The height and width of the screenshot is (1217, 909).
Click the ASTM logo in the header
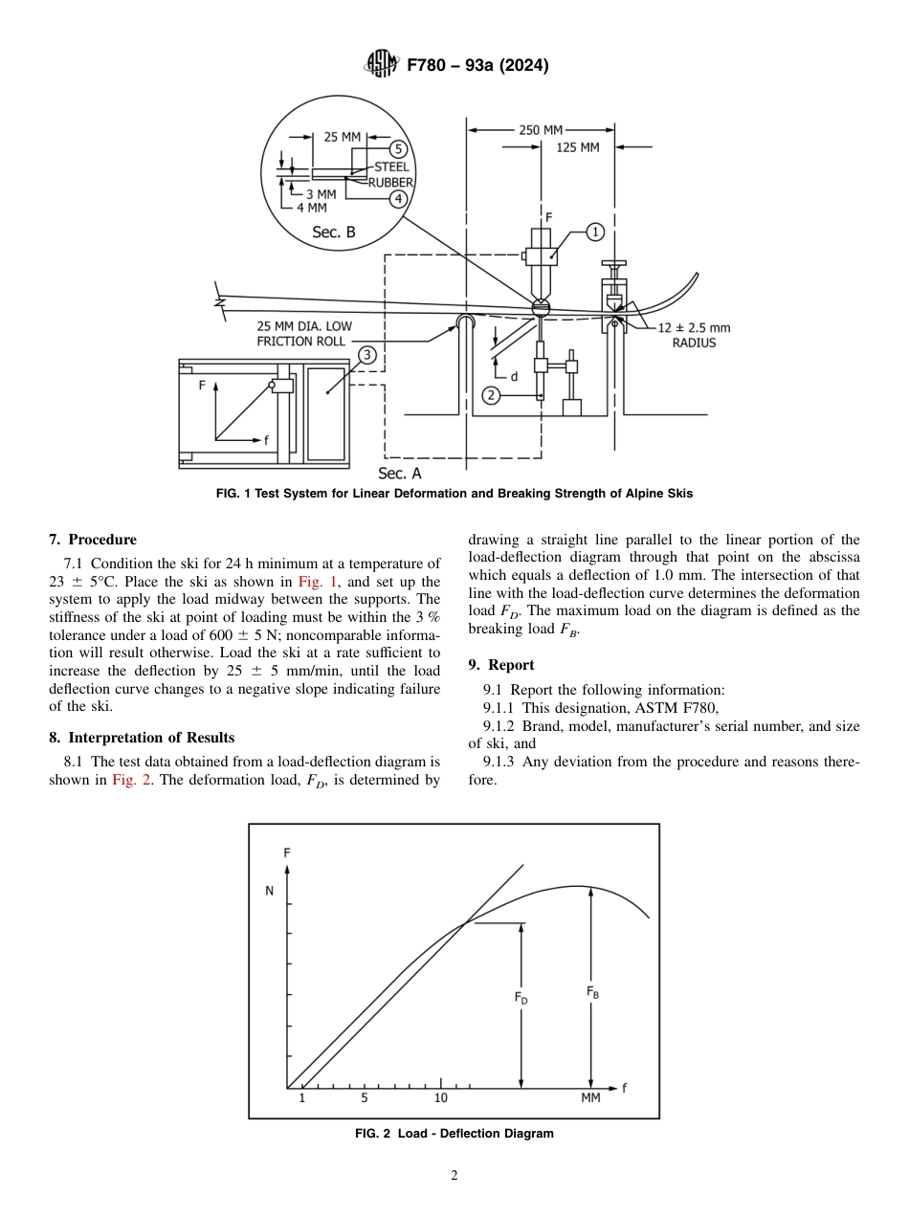(383, 65)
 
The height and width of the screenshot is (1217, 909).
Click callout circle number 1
(594, 232)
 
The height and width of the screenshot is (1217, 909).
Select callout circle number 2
(491, 394)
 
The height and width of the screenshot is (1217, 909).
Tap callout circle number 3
(366, 355)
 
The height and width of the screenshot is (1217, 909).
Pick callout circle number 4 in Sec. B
(399, 198)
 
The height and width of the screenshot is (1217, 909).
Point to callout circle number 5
(399, 148)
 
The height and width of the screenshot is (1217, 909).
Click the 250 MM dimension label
(541, 130)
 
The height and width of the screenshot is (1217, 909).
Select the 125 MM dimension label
(578, 147)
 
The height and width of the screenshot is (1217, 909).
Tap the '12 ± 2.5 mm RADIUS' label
(694, 335)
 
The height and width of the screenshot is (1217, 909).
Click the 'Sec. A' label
(399, 473)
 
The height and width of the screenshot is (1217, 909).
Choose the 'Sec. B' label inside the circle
(334, 232)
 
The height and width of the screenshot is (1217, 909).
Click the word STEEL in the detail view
(390, 167)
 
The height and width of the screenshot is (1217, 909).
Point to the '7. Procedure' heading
(93, 540)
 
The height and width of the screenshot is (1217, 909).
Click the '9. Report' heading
(501, 665)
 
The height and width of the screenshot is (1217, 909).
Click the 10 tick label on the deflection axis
(441, 1097)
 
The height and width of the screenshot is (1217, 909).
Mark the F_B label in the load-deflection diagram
(593, 993)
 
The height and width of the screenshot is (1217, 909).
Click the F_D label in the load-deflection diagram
(521, 998)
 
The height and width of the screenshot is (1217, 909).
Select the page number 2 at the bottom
(454, 1176)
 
